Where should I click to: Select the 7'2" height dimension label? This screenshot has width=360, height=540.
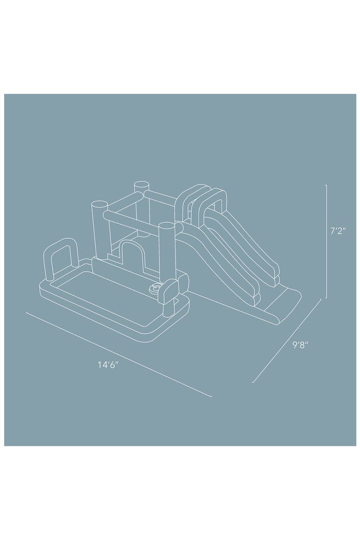tap(337, 231)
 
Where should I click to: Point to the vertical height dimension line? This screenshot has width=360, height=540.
tap(326, 241)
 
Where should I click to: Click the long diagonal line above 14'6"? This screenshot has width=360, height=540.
tap(119, 354)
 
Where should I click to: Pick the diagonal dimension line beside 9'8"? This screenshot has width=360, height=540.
tap(287, 341)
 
